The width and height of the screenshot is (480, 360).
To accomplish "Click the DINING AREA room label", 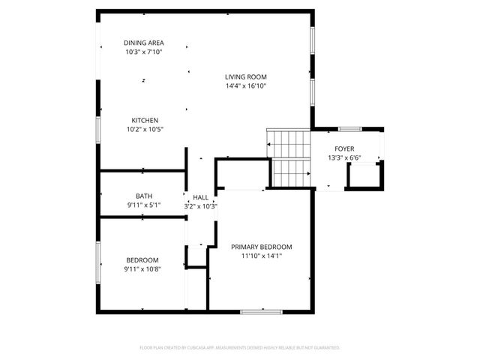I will (x=145, y=43).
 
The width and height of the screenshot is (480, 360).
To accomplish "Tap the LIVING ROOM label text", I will (x=246, y=76).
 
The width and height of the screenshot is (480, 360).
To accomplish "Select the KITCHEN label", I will (x=145, y=120).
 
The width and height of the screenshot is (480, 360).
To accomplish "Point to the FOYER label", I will (x=344, y=149).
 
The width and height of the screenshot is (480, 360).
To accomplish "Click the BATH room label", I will (x=144, y=196).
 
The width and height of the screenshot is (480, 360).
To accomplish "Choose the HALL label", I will (x=201, y=197).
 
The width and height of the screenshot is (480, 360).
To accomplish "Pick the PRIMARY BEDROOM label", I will (x=261, y=247).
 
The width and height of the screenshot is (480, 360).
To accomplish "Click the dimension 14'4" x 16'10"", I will (x=246, y=86).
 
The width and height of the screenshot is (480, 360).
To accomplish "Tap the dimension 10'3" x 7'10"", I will (x=145, y=52).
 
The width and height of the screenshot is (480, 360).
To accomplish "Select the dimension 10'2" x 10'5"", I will (x=145, y=130).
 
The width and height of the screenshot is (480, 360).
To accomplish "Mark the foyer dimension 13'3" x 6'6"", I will (x=344, y=158).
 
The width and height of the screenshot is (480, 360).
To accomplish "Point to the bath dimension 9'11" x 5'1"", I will (x=144, y=205).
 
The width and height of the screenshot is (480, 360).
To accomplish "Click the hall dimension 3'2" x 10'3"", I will (x=201, y=206).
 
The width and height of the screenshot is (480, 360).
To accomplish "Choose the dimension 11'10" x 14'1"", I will (x=261, y=256).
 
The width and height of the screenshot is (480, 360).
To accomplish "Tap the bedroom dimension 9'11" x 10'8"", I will (x=143, y=268).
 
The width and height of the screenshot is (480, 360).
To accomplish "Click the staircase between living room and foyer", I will (x=289, y=158).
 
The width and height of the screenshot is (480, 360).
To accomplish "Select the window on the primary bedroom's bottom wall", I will (x=261, y=310).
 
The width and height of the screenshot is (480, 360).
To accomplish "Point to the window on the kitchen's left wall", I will (x=97, y=127).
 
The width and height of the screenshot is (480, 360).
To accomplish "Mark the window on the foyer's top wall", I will (x=350, y=129).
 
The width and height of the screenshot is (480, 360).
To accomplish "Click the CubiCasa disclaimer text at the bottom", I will (x=240, y=347).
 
